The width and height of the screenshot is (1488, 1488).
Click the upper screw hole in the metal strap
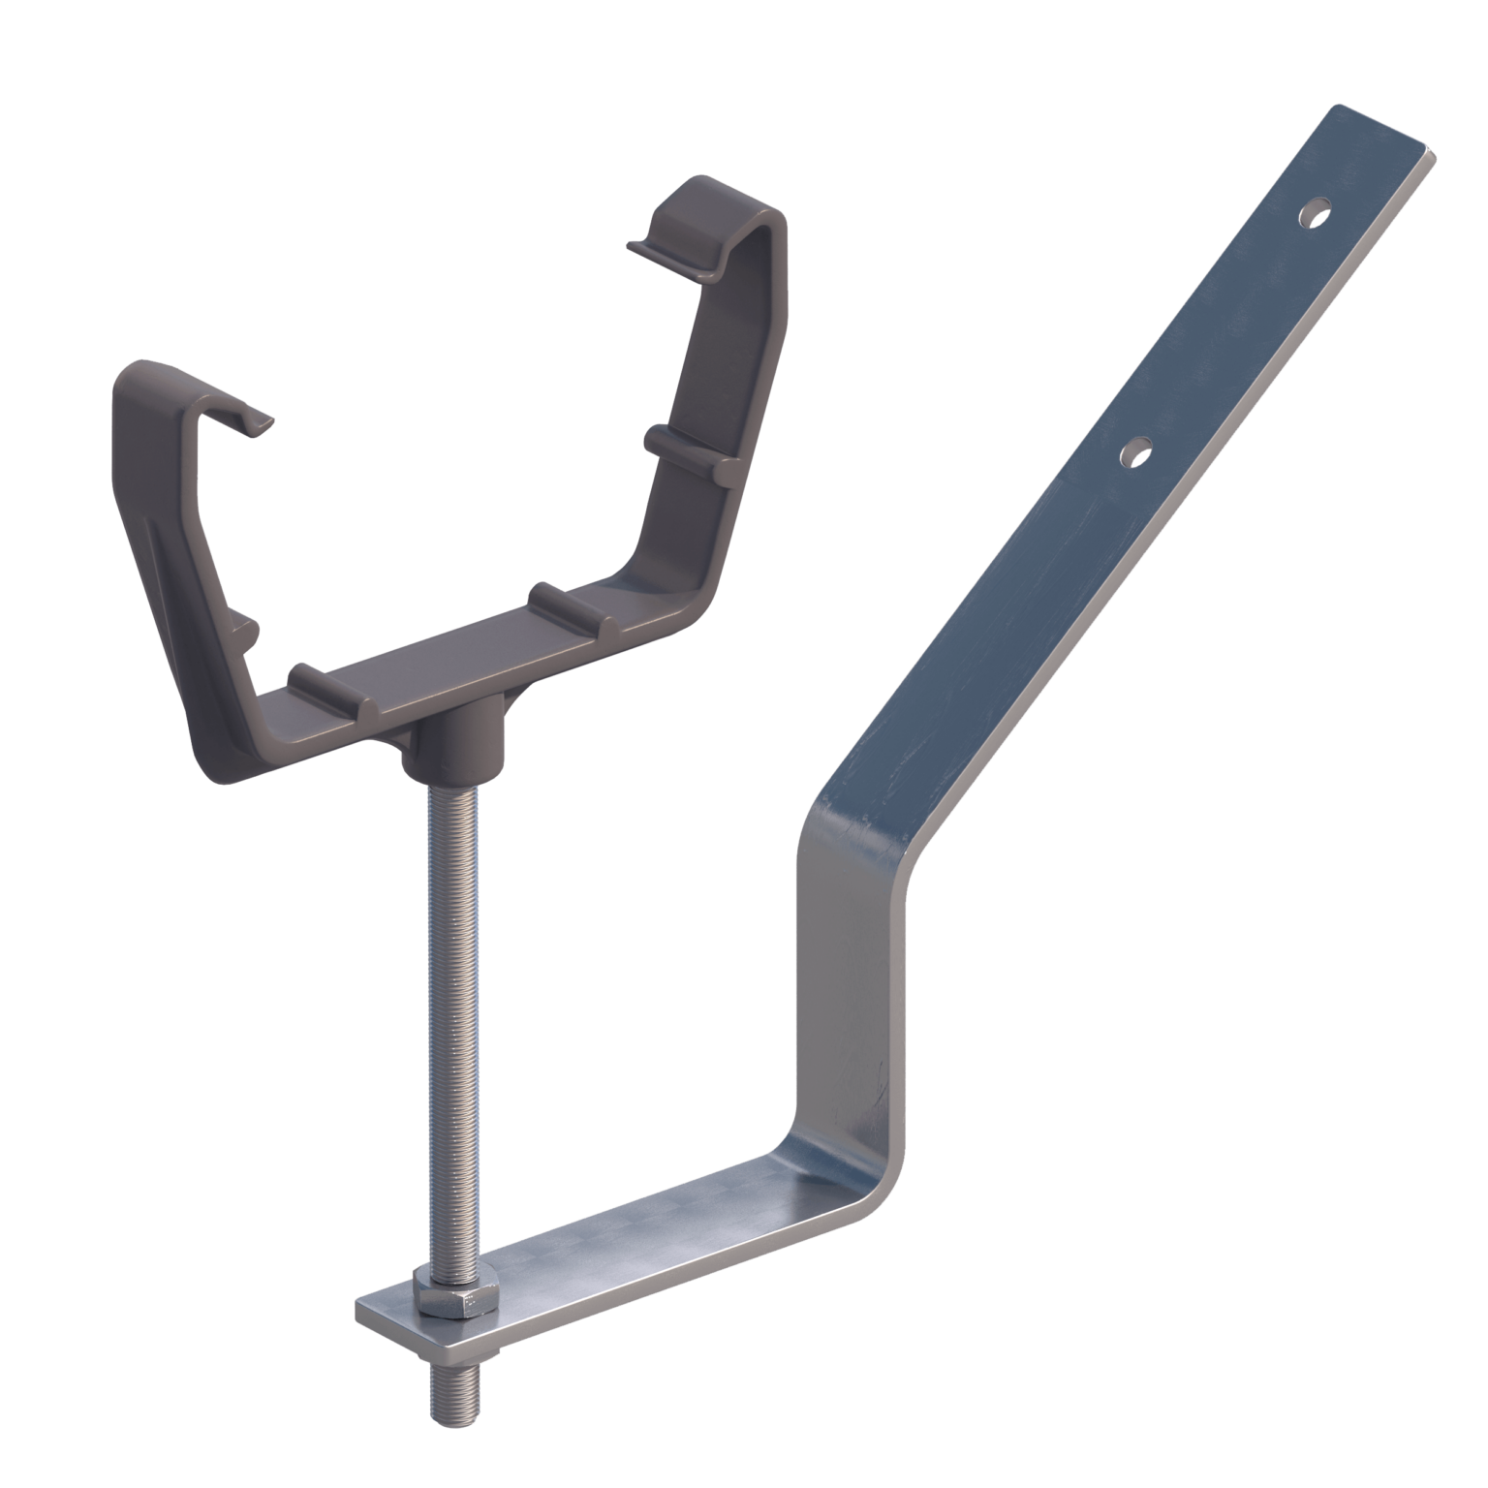(x=1313, y=212)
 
